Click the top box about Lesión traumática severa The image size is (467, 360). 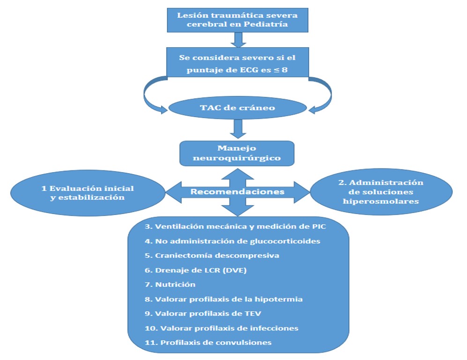(x=237, y=20)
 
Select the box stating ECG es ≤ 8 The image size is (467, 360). (x=237, y=63)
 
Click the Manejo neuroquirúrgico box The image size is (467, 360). (x=237, y=153)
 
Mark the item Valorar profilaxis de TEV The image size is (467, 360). (x=194, y=313)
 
